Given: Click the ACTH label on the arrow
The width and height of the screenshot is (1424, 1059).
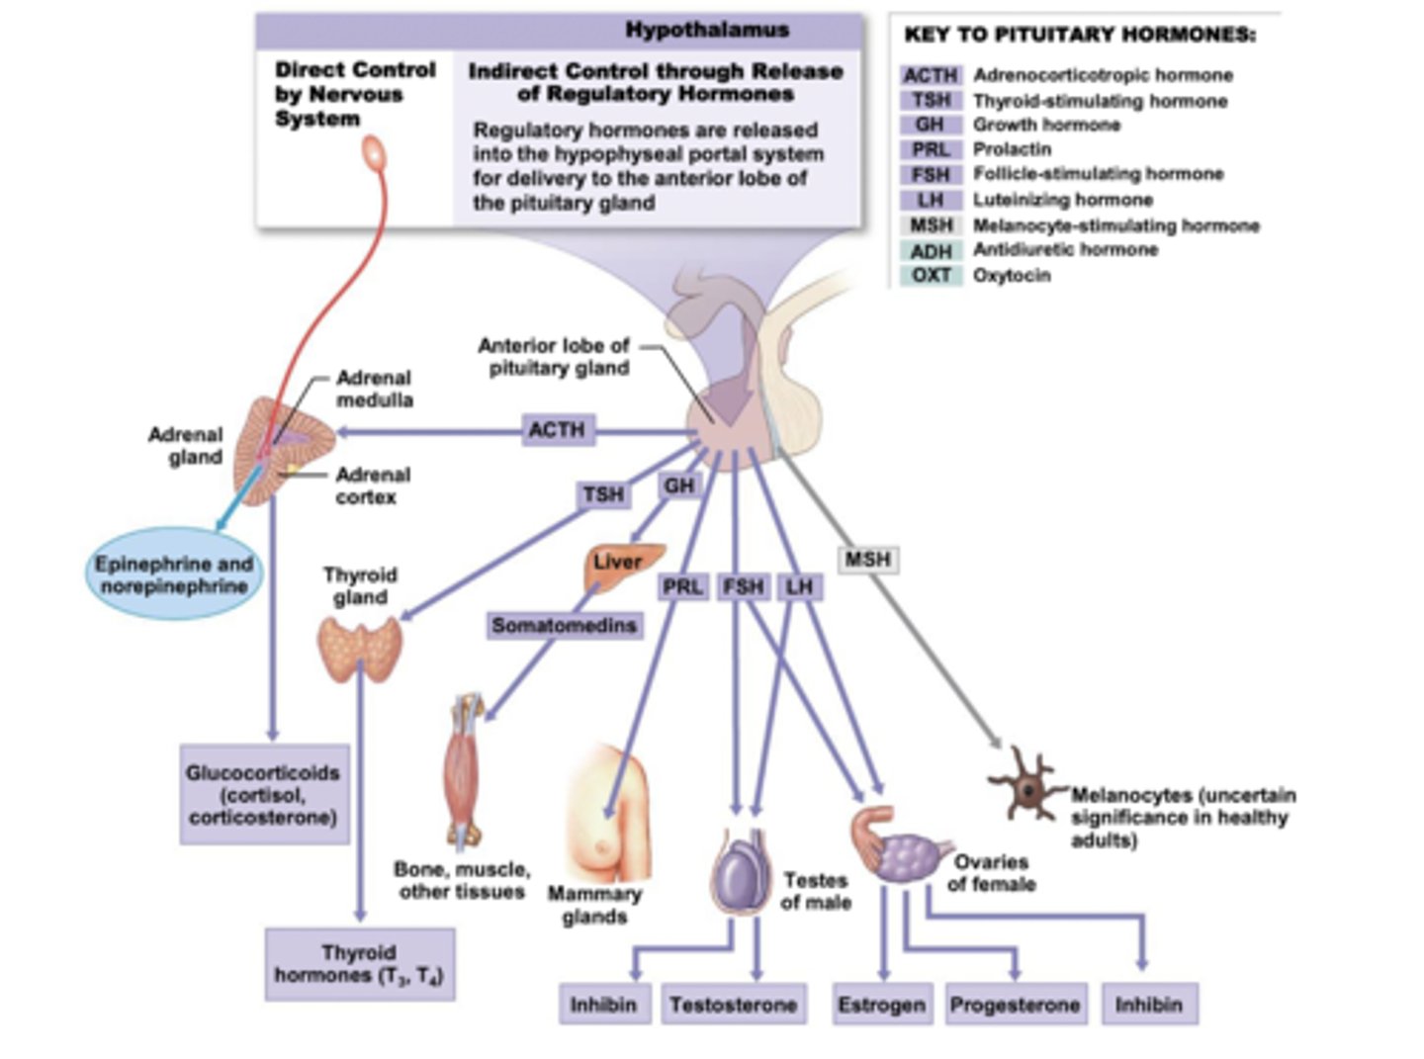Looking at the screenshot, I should pyautogui.click(x=557, y=430).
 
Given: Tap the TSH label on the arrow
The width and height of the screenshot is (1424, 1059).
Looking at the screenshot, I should pyautogui.click(x=603, y=494).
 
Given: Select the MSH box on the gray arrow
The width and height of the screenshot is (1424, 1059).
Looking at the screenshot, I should pyautogui.click(x=867, y=560).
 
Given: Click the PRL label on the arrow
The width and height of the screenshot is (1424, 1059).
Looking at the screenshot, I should pyautogui.click(x=682, y=587).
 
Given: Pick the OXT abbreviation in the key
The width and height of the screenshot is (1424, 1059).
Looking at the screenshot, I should pyautogui.click(x=931, y=275).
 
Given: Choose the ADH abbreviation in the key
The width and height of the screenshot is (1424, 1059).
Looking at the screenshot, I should pyautogui.click(x=931, y=251).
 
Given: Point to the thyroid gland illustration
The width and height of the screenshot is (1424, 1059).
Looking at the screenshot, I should pyautogui.click(x=360, y=648).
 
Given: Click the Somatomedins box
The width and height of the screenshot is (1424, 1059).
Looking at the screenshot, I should pyautogui.click(x=564, y=625).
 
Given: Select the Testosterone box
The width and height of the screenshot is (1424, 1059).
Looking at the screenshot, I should pyautogui.click(x=733, y=1005).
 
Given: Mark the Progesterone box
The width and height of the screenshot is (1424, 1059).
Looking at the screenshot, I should pyautogui.click(x=1015, y=1005).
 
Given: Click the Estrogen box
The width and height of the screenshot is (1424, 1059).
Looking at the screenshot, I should pyautogui.click(x=881, y=1005).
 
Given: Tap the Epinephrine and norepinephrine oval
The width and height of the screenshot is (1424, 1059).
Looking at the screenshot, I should pyautogui.click(x=173, y=574).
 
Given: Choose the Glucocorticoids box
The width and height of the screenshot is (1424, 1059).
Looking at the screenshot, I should pyautogui.click(x=263, y=795).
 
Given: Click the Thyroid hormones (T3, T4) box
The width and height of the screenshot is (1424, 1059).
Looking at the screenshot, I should pyautogui.click(x=359, y=964).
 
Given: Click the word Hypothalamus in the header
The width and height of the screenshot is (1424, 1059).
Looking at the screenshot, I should pyautogui.click(x=707, y=30).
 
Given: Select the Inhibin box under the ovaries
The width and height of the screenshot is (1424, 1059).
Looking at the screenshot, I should pyautogui.click(x=1148, y=1005).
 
